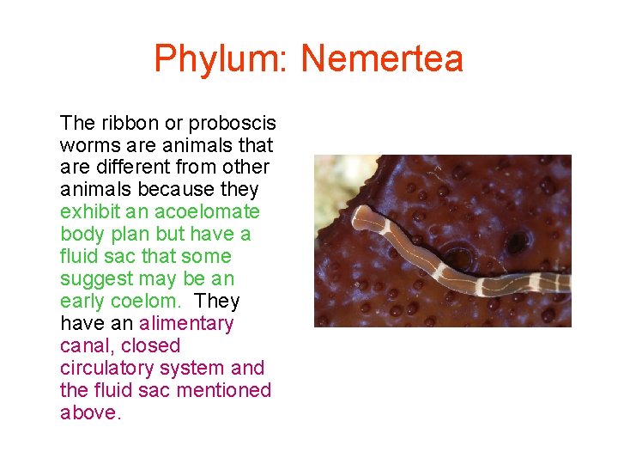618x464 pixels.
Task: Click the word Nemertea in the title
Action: [x=382, y=59]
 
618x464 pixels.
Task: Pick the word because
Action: [x=160, y=189]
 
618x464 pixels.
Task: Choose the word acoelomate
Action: [x=209, y=211]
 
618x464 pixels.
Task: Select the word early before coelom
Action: [x=82, y=301]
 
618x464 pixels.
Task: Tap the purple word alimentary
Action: [x=186, y=323]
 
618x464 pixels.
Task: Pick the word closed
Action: [x=151, y=345]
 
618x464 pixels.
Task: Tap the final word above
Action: [x=90, y=412]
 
